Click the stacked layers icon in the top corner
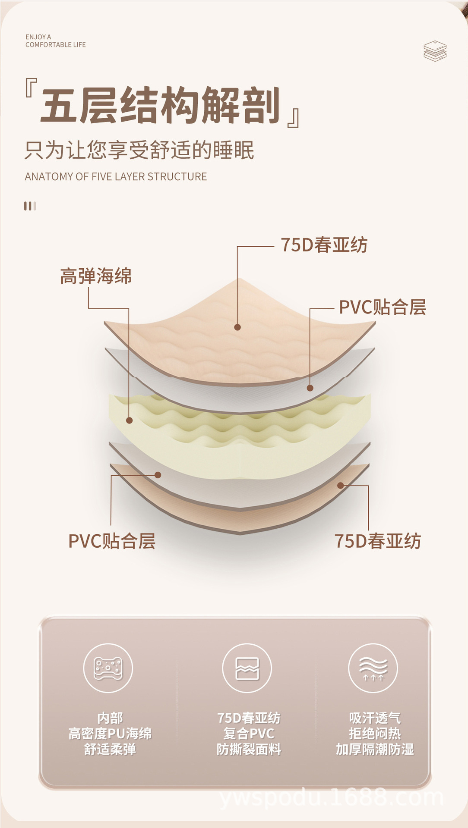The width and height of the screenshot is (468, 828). coord(435,51)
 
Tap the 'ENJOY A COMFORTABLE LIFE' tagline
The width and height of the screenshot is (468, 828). coord(55,41)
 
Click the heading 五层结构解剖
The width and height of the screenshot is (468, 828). coord(161,105)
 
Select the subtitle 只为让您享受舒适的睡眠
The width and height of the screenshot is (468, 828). coord(139,150)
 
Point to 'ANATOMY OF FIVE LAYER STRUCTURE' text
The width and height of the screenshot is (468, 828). coord(116,176)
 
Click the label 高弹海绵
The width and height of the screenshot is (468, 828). coord(96,276)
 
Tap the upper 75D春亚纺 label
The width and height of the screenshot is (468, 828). coord(324,245)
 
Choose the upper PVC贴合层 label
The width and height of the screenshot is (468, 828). coord(382,307)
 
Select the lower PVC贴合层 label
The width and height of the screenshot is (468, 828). coord(112,541)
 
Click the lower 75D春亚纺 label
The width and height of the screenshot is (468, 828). coord(377,541)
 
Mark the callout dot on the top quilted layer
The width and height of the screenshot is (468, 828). coord(237,327)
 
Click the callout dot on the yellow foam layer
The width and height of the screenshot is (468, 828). coord(129,420)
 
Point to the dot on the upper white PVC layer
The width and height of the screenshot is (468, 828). coord(310,388)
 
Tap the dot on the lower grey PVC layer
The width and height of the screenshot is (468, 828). coord(158,475)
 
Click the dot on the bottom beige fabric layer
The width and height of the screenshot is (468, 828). coord(340,486)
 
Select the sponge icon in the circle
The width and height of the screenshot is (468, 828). coord(108,668)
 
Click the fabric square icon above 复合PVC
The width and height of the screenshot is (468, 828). coord(247,668)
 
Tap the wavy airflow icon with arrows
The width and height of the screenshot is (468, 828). coord(373,668)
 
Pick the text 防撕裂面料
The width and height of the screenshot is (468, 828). coord(249,749)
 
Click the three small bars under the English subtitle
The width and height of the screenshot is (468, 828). coord(30,206)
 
